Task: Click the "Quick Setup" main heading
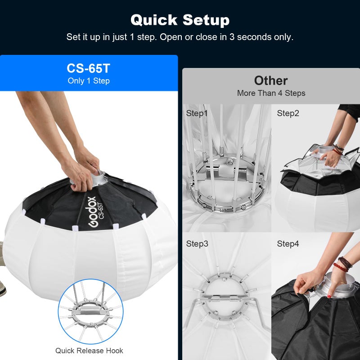[x=180, y=20]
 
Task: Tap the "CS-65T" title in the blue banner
[x=89, y=68]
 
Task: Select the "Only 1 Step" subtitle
[x=89, y=81]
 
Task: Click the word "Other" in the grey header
[x=271, y=80]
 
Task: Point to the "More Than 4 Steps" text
[x=271, y=93]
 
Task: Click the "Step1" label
[x=197, y=113]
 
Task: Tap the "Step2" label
[x=288, y=113]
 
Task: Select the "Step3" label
[x=197, y=244]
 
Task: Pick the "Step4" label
[x=288, y=244]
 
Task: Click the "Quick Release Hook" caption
[x=89, y=351]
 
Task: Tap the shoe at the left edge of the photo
[x=2, y=289]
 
